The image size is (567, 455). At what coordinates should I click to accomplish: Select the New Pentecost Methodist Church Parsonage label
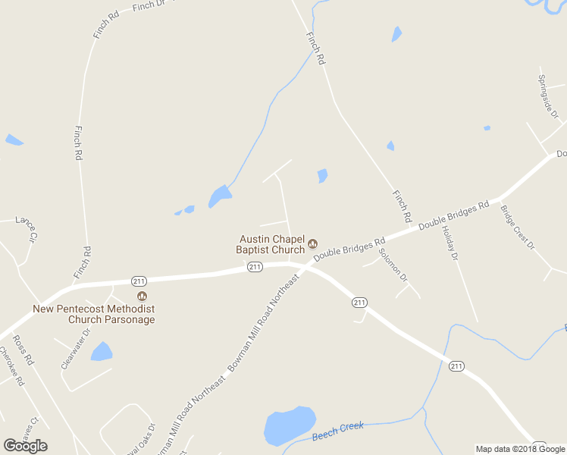pyautogui.click(x=94, y=314)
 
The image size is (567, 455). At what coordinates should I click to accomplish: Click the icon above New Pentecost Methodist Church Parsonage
pyautogui.click(x=141, y=296)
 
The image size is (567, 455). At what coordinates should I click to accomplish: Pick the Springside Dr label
pyautogui.click(x=548, y=96)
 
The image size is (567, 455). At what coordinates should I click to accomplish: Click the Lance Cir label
pyautogui.click(x=27, y=228)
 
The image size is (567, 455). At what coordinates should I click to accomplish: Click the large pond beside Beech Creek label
pyautogui.click(x=289, y=425)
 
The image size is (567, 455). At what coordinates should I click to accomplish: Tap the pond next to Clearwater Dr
pyautogui.click(x=101, y=351)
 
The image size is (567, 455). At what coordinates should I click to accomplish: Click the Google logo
pyautogui.click(x=25, y=445)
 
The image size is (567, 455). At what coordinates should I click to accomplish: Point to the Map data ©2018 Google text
pyautogui.click(x=519, y=449)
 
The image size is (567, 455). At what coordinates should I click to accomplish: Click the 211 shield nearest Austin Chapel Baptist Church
pyautogui.click(x=255, y=267)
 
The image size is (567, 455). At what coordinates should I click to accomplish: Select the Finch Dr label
pyautogui.click(x=149, y=6)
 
